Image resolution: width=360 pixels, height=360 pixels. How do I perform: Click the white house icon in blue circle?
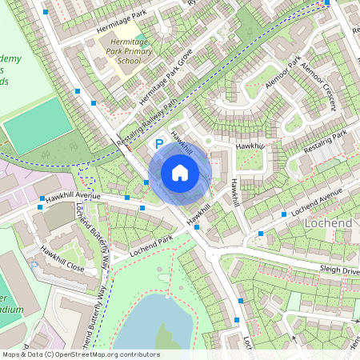coord(180,172)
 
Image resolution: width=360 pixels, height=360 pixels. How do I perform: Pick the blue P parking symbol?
coord(158,144)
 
